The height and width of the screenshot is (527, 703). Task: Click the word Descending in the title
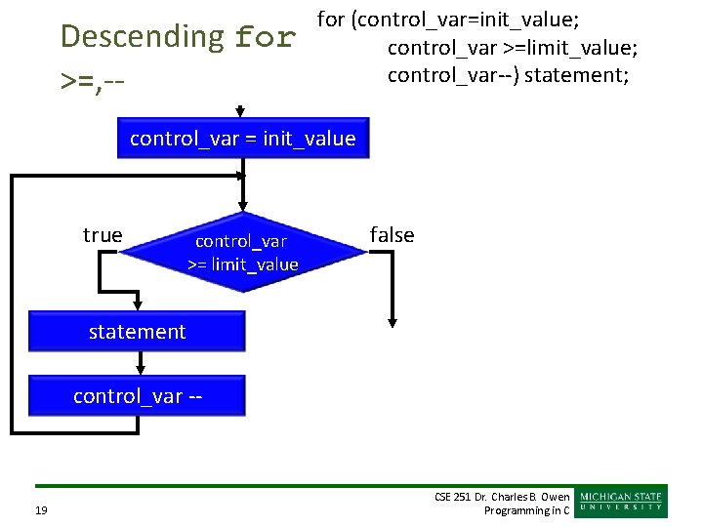143,37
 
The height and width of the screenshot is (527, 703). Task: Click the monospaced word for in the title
266,38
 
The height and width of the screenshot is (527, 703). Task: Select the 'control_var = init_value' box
242,139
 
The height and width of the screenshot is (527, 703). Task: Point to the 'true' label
103,234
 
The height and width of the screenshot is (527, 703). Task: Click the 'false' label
392,234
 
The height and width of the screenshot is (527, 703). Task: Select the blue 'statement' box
137,332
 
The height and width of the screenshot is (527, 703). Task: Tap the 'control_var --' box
137,395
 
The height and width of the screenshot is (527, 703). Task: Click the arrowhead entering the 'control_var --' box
141,368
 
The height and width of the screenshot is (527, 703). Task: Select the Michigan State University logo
622,501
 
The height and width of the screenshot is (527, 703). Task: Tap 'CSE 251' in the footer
454,497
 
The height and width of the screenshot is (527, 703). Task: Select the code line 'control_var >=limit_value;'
513,47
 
